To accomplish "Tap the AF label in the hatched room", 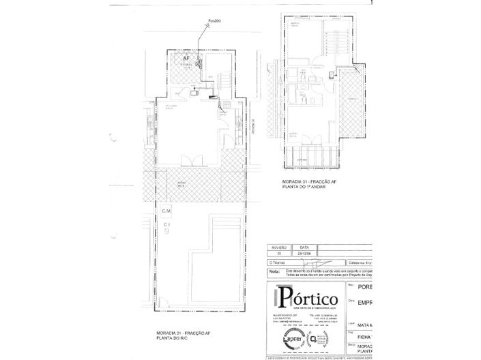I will click(x=185, y=59).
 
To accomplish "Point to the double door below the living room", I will click(x=189, y=160).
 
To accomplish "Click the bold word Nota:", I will click(x=274, y=271).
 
